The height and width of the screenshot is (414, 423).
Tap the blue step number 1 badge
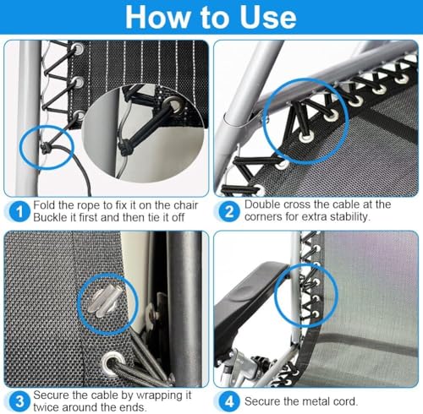(x=19, y=211)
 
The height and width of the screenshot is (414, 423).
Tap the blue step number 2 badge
(x=229, y=211)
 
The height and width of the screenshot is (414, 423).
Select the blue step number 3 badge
(x=19, y=401)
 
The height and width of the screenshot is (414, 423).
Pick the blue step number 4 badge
(x=229, y=401)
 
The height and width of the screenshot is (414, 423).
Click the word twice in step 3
(x=46, y=407)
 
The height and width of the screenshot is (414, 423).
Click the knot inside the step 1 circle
(x=45, y=148)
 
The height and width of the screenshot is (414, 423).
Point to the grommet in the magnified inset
(x=176, y=105)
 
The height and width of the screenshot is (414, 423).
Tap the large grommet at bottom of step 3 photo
(x=113, y=360)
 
